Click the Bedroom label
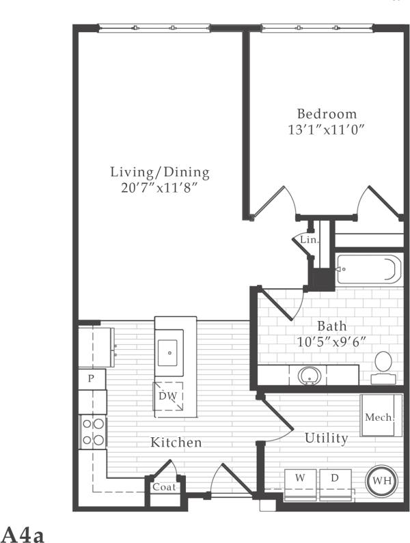click(x=326, y=113)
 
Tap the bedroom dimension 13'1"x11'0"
click(x=326, y=130)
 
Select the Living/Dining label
click(x=161, y=172)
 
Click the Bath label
click(x=331, y=326)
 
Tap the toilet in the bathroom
click(x=383, y=365)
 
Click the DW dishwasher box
click(x=167, y=397)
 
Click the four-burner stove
click(x=93, y=432)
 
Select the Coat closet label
click(x=164, y=488)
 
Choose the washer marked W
click(x=299, y=481)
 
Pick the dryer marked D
click(x=335, y=481)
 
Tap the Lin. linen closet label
click(x=310, y=240)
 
